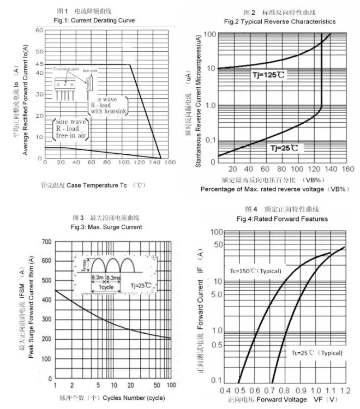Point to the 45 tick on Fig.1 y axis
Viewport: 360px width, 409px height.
click(x=39, y=64)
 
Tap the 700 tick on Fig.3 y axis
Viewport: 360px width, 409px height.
click(x=46, y=241)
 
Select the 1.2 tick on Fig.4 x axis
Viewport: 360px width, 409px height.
click(x=345, y=391)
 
